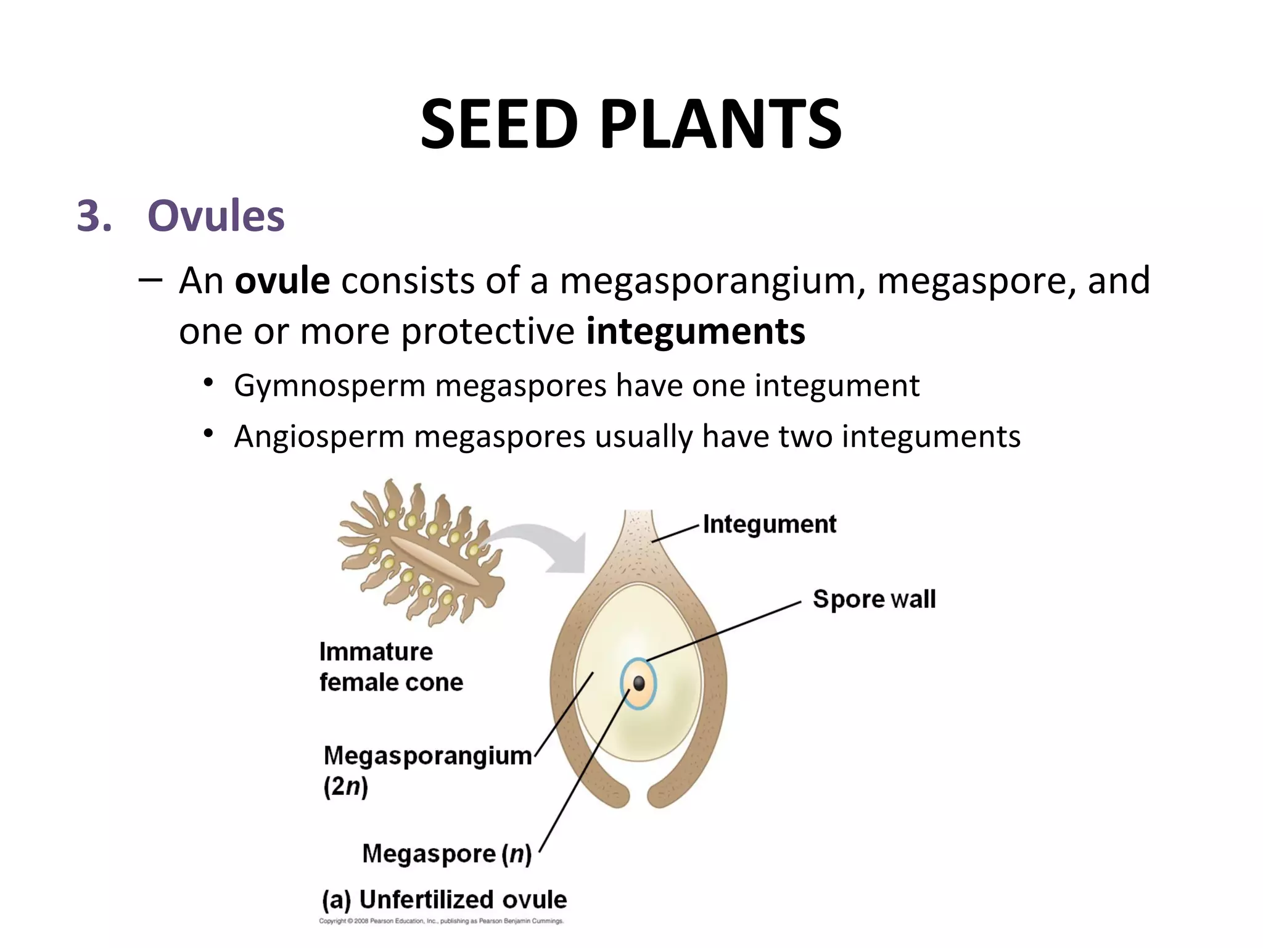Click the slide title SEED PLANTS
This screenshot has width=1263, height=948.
tap(630, 125)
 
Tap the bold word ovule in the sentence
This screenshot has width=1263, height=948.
tap(282, 281)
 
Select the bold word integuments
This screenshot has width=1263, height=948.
tap(695, 331)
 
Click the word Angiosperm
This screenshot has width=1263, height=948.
tap(319, 437)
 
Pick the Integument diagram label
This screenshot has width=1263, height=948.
tap(769, 525)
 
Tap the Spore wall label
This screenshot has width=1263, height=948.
tap(874, 599)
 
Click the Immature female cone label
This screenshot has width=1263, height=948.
tap(390, 667)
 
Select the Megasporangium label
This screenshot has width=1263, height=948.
tap(427, 755)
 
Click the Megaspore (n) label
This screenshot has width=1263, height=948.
tap(446, 854)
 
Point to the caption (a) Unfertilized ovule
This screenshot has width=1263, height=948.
tap(444, 900)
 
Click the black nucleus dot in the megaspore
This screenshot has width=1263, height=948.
tap(639, 683)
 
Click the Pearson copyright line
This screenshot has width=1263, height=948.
tap(441, 921)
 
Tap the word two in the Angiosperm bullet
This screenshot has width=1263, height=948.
tap(805, 437)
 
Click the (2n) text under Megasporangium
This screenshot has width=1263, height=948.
tap(345, 787)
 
